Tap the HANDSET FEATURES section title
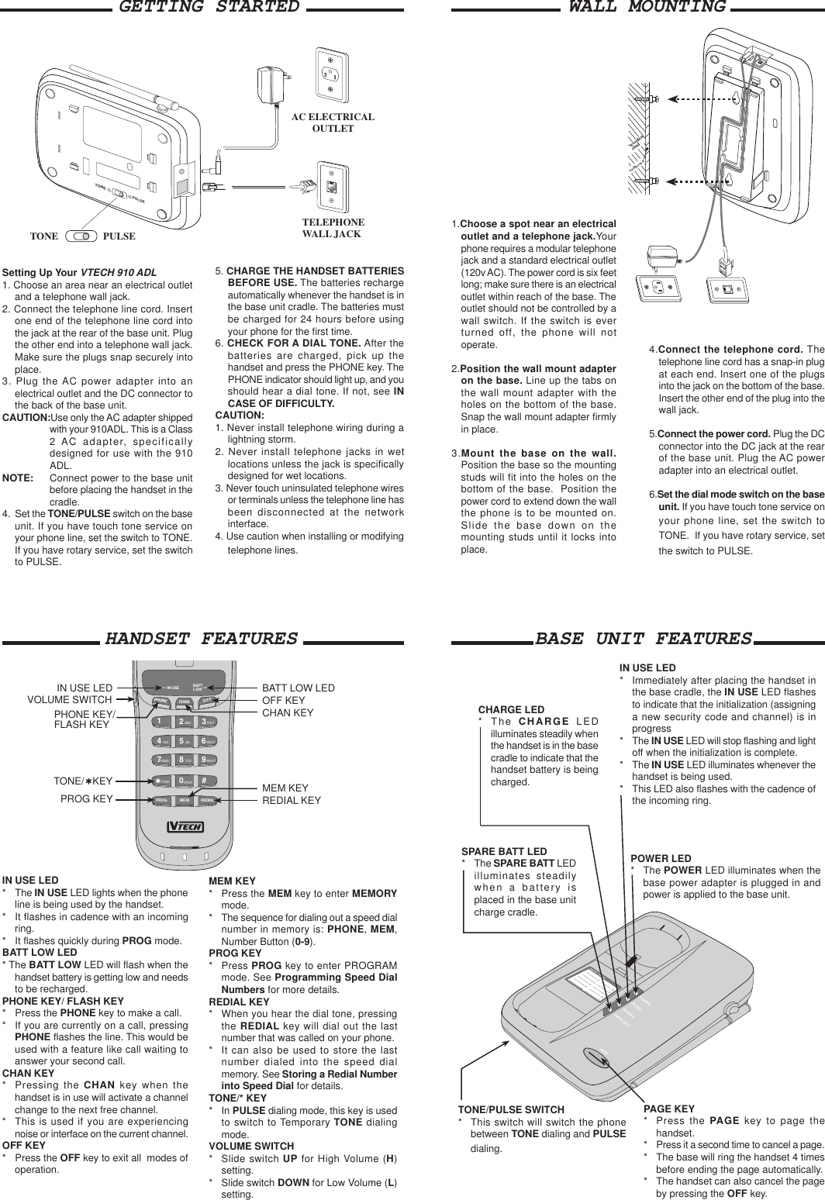pyautogui.click(x=202, y=639)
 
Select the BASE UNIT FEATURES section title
pyautogui.click(x=644, y=639)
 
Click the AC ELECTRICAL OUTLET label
pyautogui.click(x=333, y=122)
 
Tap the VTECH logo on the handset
pyautogui.click(x=185, y=826)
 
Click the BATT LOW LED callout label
pyautogui.click(x=299, y=688)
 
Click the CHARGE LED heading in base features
pyautogui.click(x=511, y=709)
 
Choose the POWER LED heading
pyautogui.click(x=661, y=858)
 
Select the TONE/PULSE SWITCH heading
pyautogui.click(x=511, y=1110)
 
